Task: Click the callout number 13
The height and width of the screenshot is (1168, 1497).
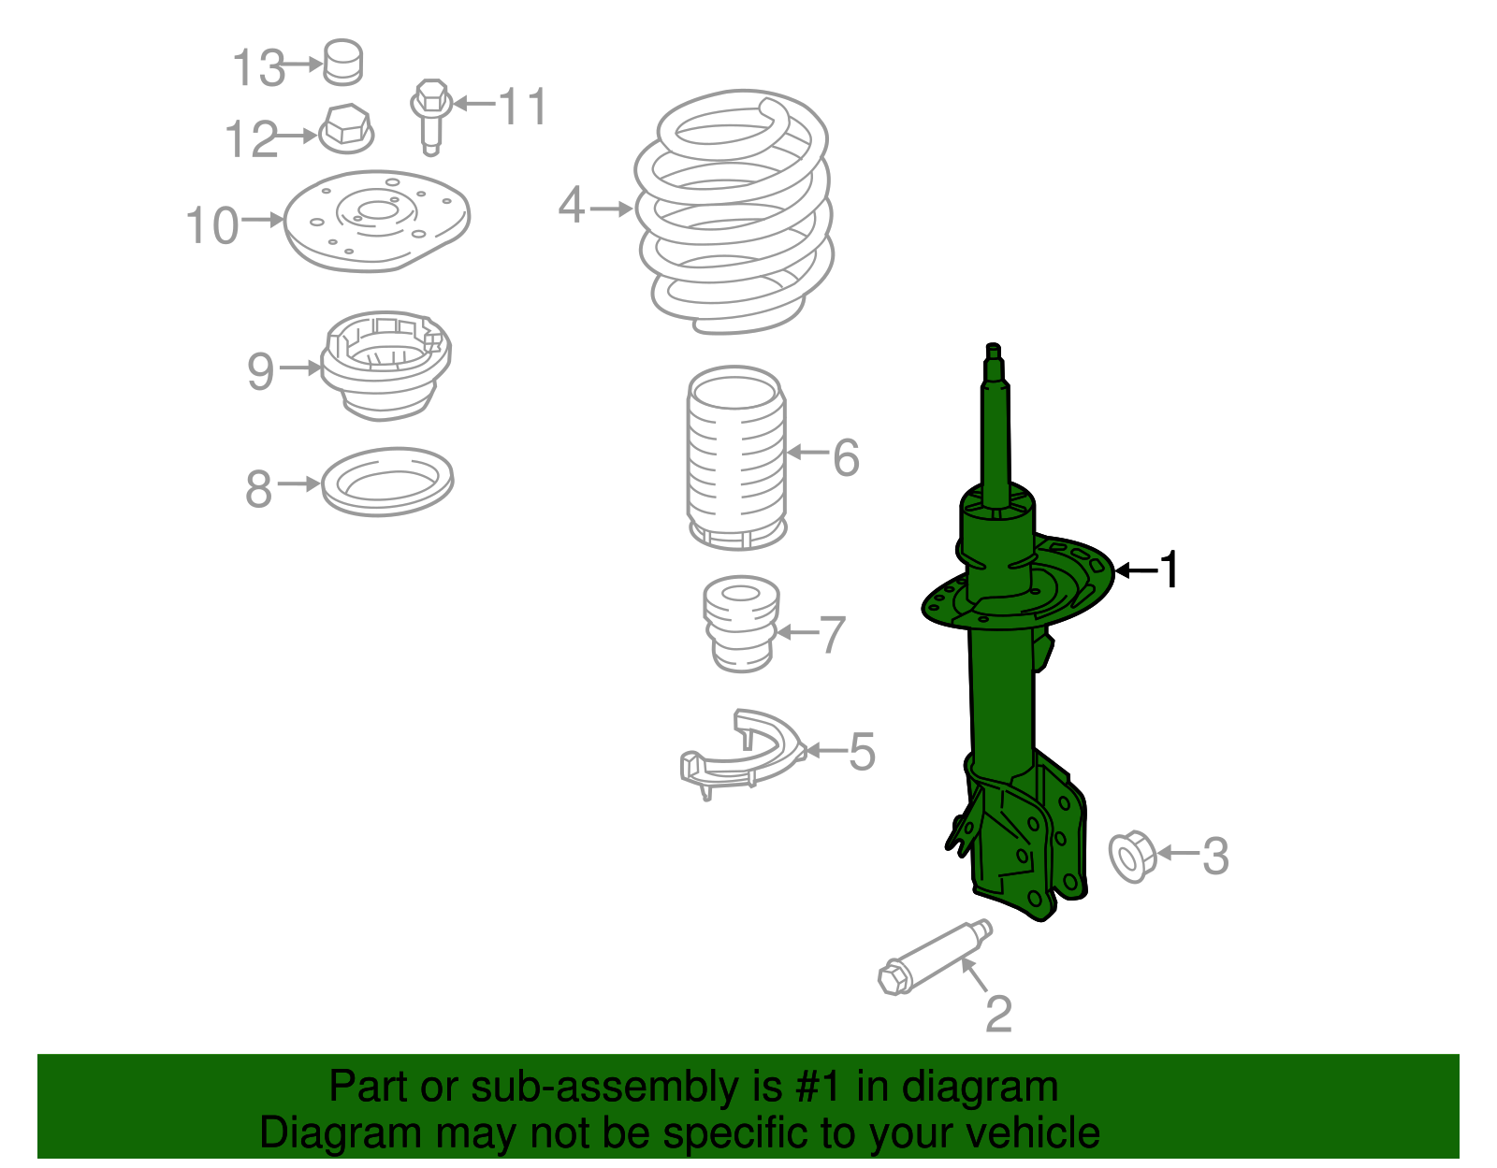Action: (x=258, y=68)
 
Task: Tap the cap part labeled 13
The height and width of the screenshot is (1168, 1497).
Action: (x=343, y=63)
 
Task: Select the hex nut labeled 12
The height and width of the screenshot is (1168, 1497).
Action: (x=346, y=129)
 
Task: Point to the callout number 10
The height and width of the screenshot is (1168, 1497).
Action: (x=212, y=226)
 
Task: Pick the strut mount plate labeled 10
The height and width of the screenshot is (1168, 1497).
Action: (x=376, y=221)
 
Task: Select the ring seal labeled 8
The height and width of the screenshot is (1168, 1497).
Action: (x=387, y=482)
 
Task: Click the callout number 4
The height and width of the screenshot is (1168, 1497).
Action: (x=572, y=206)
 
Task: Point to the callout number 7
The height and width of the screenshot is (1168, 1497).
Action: (x=832, y=635)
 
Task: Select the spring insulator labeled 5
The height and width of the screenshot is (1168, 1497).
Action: (x=741, y=756)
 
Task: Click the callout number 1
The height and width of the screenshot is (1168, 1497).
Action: (x=1170, y=570)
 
